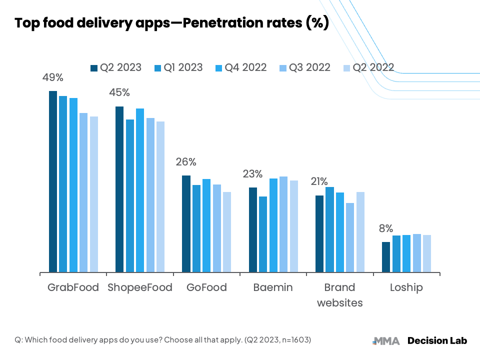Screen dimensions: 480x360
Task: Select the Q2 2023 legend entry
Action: [116, 67]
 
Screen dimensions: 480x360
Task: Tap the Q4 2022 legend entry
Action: [241, 67]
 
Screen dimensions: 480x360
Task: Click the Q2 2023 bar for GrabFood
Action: [53, 181]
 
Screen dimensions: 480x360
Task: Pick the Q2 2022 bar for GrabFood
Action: [94, 194]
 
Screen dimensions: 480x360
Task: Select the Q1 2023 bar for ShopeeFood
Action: [130, 196]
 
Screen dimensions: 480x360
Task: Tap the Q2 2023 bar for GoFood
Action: [186, 224]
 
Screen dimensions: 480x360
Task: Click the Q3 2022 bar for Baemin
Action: [283, 224]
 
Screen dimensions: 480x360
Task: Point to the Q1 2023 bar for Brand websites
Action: [329, 229]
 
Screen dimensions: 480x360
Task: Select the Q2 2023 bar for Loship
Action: [386, 257]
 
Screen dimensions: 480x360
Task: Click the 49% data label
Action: [53, 77]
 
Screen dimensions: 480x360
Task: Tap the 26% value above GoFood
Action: [186, 162]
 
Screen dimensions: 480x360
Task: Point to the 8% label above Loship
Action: [386, 228]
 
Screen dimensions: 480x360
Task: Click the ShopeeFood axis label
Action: [140, 288]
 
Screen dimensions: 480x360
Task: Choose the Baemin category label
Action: [273, 287]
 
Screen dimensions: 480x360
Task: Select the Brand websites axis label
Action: [340, 295]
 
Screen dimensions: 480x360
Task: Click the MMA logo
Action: [386, 341]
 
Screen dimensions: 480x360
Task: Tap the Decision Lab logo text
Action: [437, 340]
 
